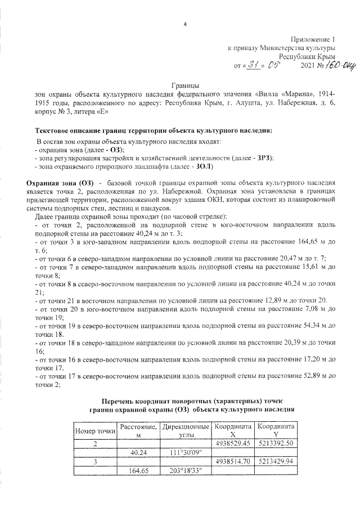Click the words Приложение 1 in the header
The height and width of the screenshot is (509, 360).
[x=312, y=40]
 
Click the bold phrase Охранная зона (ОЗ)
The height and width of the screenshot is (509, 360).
[x=60, y=183]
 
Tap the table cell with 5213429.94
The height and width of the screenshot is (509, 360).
[x=276, y=461]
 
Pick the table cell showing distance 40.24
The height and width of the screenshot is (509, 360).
[x=138, y=453]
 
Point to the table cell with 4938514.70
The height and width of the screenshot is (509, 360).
[x=232, y=461]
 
